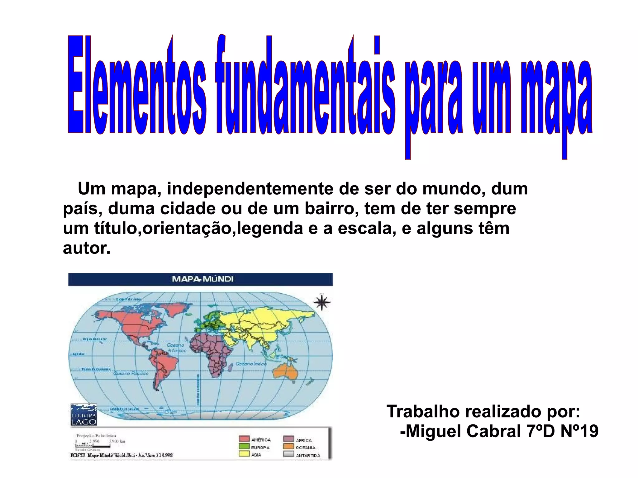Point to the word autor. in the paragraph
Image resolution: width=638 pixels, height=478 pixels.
point(87,248)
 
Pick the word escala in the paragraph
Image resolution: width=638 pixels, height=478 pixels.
point(366,228)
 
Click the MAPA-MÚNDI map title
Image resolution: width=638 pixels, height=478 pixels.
point(202,279)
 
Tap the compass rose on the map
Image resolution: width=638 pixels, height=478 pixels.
point(322,302)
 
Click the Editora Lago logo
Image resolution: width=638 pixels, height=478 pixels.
point(83,415)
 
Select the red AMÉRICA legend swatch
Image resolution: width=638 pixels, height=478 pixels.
point(244,439)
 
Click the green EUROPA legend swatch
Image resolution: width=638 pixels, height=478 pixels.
point(244,447)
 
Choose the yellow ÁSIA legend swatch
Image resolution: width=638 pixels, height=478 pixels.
point(244,454)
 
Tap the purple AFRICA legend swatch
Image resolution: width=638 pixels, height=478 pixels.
point(289,439)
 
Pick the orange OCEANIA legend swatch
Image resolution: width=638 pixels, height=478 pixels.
point(289,447)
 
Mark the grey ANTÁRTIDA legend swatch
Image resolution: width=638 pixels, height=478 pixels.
point(289,454)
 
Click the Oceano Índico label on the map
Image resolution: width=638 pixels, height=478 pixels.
point(251,364)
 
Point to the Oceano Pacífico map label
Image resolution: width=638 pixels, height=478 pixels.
point(131,373)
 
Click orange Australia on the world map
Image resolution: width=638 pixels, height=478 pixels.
point(285,372)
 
